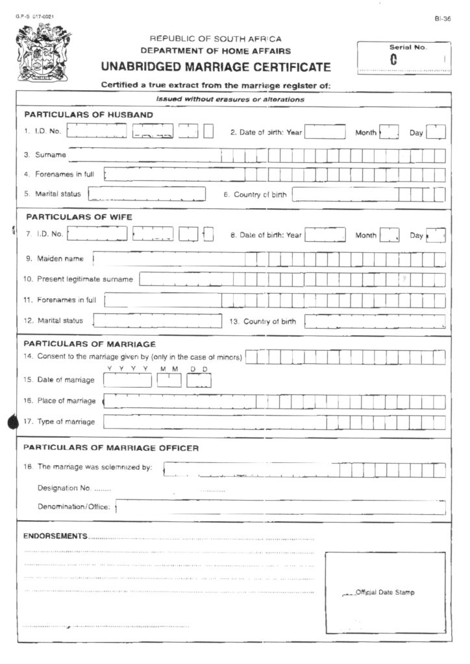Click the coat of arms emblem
pos(43,53)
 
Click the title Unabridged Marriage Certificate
pos(216,67)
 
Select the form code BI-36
pos(443,20)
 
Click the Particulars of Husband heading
pos(88,115)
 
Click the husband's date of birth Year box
pos(325,132)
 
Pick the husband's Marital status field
pos(147,194)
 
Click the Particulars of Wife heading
pos(78,217)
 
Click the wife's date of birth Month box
pos(389,235)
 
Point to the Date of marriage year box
pos(127,380)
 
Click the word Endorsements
pos(55,536)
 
